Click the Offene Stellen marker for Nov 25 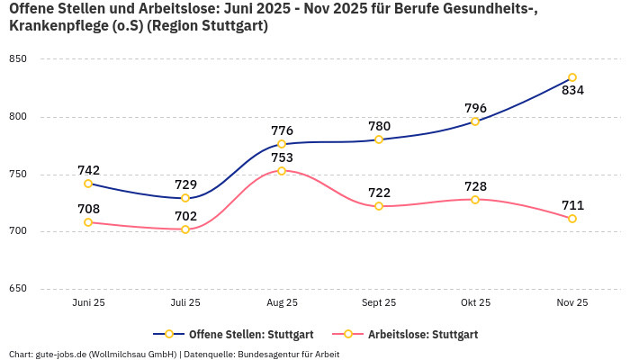tap(572, 77)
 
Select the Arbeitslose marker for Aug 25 tap(282, 171)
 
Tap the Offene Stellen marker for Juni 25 tap(88, 184)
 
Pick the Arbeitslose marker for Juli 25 tap(185, 229)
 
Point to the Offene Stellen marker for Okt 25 tap(475, 121)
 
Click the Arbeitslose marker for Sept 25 tap(379, 206)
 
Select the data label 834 tap(572, 91)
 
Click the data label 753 tap(282, 157)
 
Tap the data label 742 tap(88, 170)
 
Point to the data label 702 tap(185, 216)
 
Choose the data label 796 tap(475, 108)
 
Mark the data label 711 tap(572, 205)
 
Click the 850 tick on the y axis tap(18, 59)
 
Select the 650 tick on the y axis tap(18, 289)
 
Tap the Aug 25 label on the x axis tap(282, 303)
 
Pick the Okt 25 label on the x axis tap(475, 303)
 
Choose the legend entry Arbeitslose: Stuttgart tap(414, 335)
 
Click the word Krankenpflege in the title tap(50, 26)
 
